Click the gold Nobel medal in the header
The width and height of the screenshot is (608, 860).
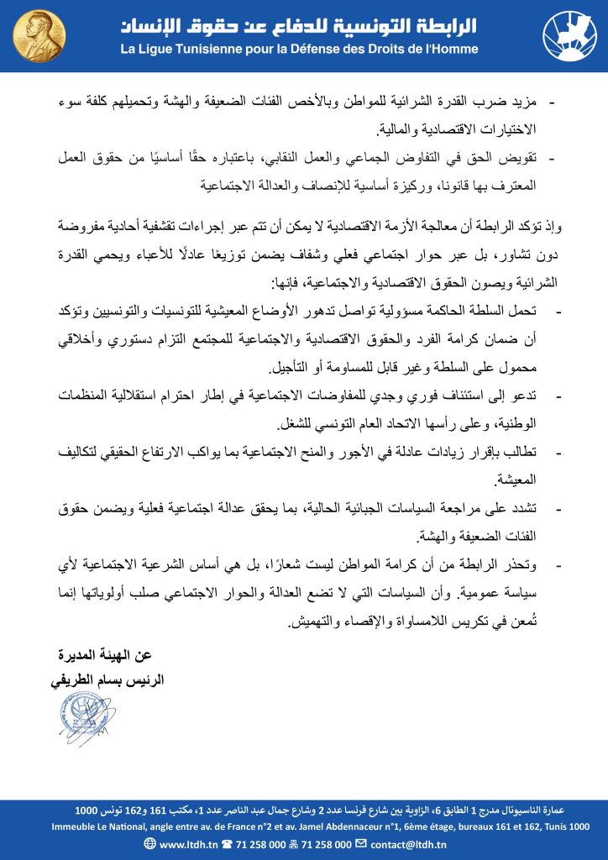tap(33, 36)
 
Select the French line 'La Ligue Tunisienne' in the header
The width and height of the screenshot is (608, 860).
tap(300, 50)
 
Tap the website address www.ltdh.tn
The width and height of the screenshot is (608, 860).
tap(188, 844)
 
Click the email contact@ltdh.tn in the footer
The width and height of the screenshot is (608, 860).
tap(411, 844)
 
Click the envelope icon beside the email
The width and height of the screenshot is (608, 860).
tap(361, 844)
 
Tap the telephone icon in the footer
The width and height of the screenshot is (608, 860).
tap(226, 844)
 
